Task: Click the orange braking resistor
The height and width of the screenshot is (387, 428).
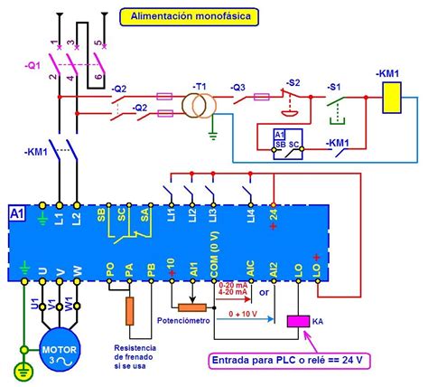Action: coord(130,310)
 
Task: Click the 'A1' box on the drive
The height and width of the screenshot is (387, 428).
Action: coord(16,214)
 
